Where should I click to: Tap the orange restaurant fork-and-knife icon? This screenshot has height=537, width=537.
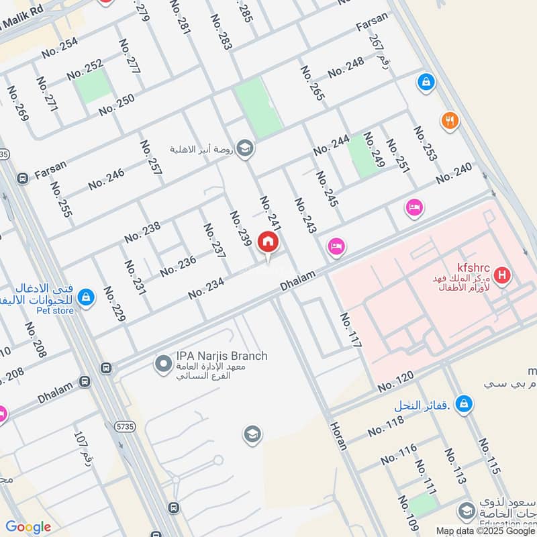[449, 121]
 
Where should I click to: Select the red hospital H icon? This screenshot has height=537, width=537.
[501, 275]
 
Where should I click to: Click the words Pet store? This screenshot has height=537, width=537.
[56, 310]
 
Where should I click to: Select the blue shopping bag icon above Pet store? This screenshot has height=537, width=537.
[85, 296]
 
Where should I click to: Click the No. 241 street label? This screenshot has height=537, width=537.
[269, 213]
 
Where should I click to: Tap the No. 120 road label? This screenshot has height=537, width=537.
[396, 383]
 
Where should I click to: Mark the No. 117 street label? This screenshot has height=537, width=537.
[350, 330]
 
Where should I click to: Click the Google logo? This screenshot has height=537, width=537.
[28, 527]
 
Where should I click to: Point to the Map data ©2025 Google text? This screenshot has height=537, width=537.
[485, 530]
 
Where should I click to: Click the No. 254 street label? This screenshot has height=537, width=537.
[60, 46]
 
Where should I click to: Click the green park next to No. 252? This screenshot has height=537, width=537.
[93, 87]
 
